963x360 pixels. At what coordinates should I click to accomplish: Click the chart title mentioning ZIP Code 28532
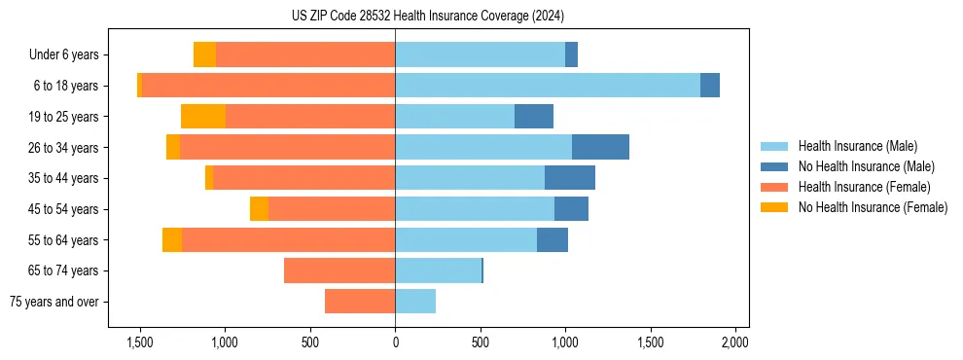(x=427, y=17)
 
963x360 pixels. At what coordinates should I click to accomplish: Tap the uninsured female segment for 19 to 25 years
(x=203, y=117)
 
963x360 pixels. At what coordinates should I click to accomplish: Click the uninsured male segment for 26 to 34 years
(x=600, y=147)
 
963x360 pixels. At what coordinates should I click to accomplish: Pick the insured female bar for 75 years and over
(x=360, y=302)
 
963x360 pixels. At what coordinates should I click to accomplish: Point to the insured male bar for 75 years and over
(x=415, y=302)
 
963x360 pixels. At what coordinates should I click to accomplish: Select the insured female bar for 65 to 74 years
(x=339, y=270)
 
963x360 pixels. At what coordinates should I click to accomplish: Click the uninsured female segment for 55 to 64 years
(x=172, y=239)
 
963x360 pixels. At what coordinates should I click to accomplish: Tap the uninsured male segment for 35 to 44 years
(x=570, y=178)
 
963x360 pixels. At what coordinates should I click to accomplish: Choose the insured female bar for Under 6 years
(x=305, y=54)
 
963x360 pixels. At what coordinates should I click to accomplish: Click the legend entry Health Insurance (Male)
(x=857, y=146)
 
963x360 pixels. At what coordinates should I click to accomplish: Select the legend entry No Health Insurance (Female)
(x=873, y=207)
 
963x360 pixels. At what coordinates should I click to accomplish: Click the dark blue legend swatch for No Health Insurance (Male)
(x=774, y=166)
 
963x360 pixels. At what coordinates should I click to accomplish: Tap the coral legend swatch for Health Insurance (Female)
(x=774, y=187)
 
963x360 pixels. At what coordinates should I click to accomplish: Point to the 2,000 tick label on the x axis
(x=735, y=342)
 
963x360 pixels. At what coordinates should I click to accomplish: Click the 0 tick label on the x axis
(x=395, y=342)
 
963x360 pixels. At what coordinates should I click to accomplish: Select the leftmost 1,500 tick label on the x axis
(x=140, y=342)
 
